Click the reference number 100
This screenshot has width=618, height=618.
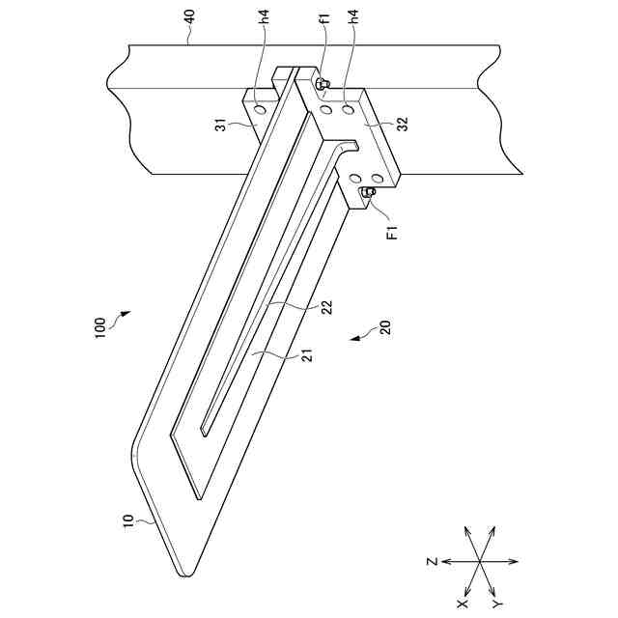click(101, 327)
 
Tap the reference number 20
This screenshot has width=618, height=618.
click(384, 327)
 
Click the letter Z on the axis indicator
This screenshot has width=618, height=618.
click(434, 561)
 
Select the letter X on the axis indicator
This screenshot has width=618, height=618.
click(462, 603)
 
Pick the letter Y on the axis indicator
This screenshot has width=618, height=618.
click(496, 603)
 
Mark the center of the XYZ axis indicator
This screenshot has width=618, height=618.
click(479, 561)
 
